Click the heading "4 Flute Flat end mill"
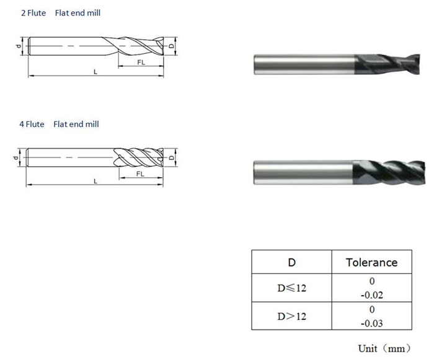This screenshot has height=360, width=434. coord(60,124)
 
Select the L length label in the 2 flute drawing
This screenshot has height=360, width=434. coord(95,72)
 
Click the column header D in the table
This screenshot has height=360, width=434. coord(291,262)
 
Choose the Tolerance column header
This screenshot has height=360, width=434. coord(371,262)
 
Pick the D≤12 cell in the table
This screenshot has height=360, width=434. coord(291,288)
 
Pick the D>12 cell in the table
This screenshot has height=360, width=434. coord(291,316)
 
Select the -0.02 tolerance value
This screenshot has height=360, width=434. coord(371,295)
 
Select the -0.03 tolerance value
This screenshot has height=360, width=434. coord(371,323)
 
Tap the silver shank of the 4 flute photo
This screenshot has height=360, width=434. coord(303,172)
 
